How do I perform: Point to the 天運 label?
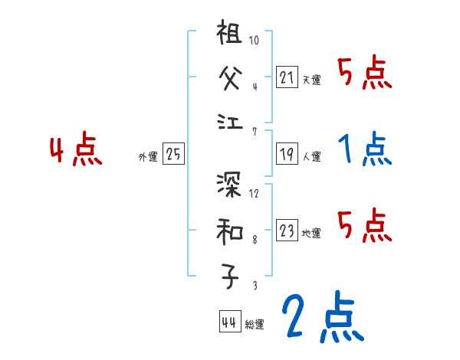click(x=311, y=80)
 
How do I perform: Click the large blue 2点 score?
click(x=319, y=316)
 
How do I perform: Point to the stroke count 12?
click(x=255, y=192)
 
